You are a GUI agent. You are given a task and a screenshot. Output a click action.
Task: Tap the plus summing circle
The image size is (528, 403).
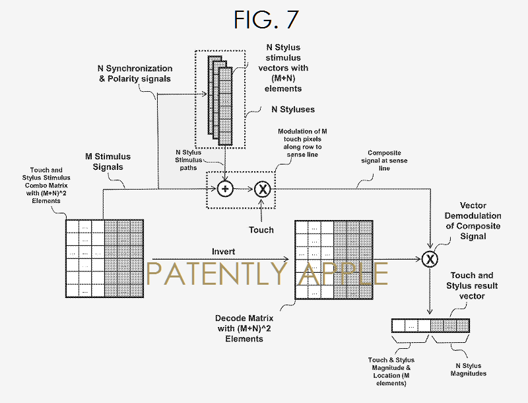click(x=226, y=188)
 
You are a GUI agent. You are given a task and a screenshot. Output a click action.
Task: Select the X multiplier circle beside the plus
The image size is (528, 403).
click(x=263, y=188)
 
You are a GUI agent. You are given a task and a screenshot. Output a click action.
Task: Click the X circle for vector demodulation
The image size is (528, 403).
click(x=430, y=258)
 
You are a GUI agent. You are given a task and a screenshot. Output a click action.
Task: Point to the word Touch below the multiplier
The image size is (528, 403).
click(x=261, y=230)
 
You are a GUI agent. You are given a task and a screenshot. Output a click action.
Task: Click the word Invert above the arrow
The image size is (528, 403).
click(x=223, y=252)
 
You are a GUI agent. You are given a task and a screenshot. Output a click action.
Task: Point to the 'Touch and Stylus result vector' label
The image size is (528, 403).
click(x=473, y=285)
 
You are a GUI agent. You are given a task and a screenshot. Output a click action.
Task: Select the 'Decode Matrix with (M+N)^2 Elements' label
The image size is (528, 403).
click(x=239, y=328)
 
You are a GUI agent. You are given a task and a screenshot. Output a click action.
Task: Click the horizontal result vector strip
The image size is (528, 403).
click(x=430, y=325)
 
